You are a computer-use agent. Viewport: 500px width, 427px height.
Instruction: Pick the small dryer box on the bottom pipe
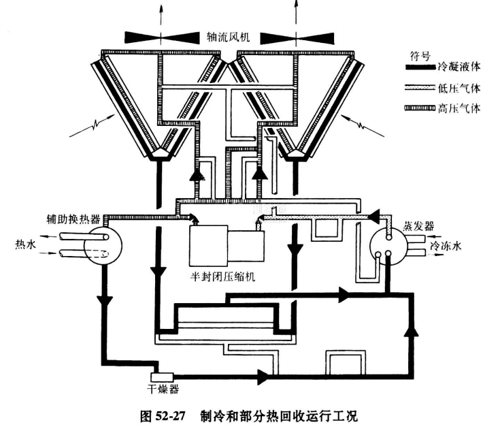click(x=163, y=376)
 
